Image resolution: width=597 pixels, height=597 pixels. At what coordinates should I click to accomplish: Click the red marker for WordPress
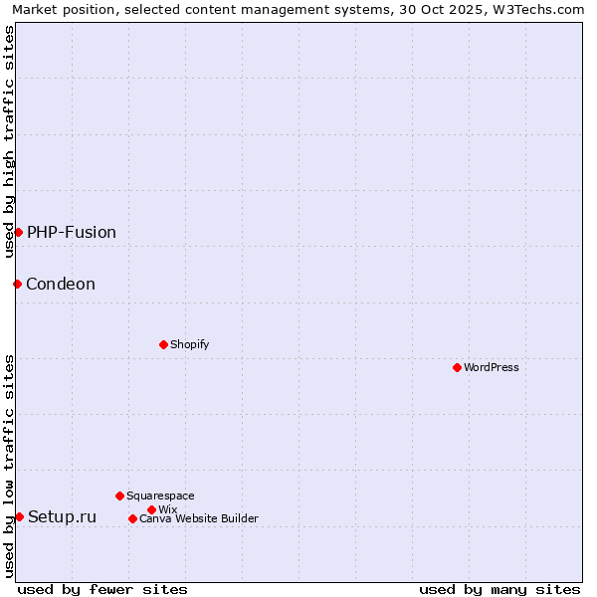457,367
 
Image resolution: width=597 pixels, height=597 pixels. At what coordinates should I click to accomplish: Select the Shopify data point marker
163,344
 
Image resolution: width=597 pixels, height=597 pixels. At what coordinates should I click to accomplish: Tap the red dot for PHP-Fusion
18,232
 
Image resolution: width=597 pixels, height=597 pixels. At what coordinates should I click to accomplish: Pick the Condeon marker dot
17,284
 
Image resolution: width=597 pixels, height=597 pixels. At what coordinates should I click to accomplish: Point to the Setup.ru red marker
19,516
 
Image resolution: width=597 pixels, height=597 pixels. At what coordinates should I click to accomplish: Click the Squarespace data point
119,496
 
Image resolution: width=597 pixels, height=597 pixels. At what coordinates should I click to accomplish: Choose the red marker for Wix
151,509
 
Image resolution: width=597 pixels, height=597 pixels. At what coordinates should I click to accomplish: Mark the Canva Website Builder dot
132,518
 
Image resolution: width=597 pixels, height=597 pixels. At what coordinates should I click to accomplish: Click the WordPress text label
492,367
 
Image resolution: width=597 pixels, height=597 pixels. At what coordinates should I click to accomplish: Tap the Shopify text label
190,344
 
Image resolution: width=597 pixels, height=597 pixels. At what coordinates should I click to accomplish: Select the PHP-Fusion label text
72,232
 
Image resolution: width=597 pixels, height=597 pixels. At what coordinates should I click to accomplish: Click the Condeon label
61,284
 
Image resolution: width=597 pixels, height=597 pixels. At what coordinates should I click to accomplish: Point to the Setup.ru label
63,516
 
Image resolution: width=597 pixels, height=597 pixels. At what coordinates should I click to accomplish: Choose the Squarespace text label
161,496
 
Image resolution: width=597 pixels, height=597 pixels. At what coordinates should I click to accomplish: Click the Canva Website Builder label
199,518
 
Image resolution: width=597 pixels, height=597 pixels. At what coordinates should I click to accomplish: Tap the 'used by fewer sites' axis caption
102,589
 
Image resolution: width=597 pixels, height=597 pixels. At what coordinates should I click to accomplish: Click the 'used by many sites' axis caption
499,589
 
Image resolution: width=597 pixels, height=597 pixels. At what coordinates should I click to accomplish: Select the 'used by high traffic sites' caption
9,141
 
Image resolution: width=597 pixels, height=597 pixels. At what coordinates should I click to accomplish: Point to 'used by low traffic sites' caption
9,466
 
